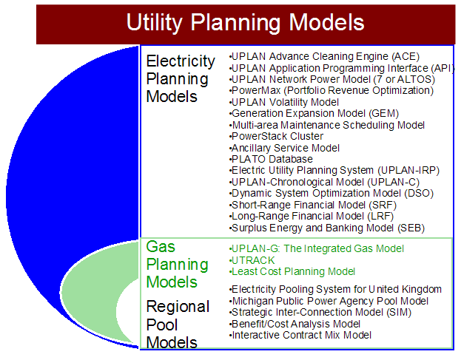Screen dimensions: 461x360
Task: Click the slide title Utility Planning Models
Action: (x=245, y=23)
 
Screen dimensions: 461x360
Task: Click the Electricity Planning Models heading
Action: (x=181, y=78)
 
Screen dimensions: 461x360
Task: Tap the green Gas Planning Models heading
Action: (x=178, y=264)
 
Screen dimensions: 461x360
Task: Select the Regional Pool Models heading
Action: (x=178, y=325)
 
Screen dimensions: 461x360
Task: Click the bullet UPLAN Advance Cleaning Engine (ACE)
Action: (x=324, y=56)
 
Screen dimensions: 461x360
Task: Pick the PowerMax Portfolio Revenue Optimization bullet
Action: (x=332, y=90)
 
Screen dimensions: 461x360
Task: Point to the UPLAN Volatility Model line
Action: (x=284, y=102)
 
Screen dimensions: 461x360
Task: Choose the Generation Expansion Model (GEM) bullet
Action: (x=314, y=113)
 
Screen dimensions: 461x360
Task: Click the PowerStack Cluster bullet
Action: (x=276, y=136)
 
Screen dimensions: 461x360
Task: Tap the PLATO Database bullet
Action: (x=271, y=159)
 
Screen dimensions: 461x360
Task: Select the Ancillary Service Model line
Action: (x=284, y=148)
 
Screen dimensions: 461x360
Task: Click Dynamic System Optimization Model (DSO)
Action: (x=332, y=194)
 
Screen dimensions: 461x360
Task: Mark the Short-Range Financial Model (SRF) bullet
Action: (x=313, y=205)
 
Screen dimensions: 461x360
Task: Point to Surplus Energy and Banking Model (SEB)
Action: (x=327, y=228)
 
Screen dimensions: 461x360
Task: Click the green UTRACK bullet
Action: (x=252, y=260)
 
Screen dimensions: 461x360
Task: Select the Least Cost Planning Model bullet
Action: (x=292, y=271)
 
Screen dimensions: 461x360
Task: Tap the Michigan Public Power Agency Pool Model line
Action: (x=329, y=301)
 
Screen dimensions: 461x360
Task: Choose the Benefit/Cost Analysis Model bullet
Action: (x=295, y=324)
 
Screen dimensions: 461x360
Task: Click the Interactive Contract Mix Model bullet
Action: (x=300, y=335)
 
